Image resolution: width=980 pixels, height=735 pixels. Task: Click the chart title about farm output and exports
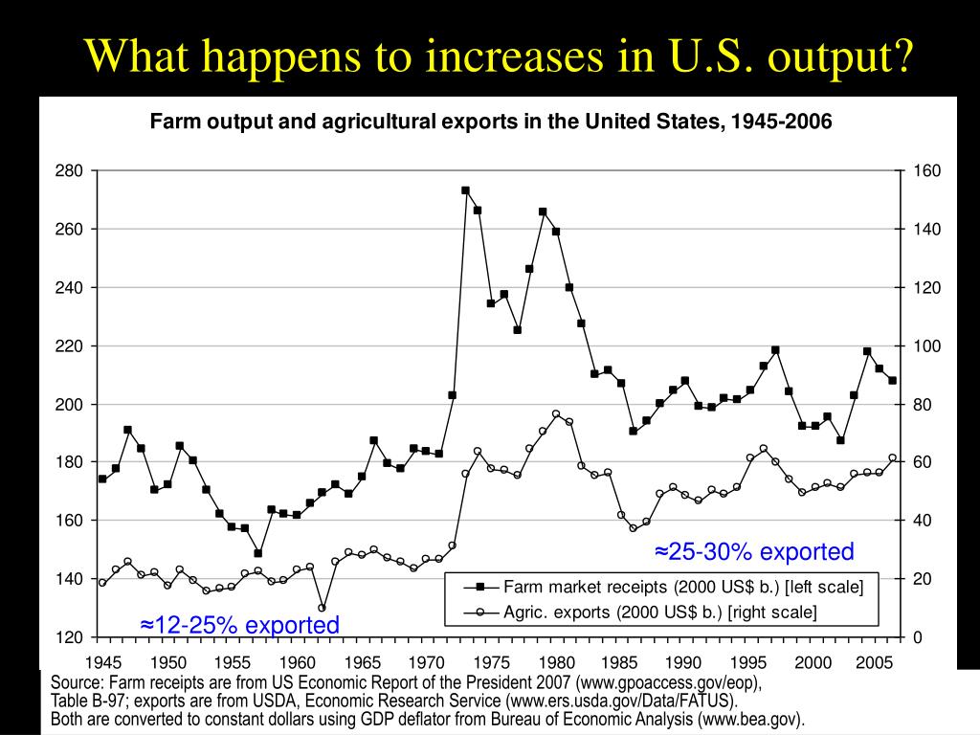(x=489, y=122)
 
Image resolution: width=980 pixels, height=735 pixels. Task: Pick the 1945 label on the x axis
(x=102, y=661)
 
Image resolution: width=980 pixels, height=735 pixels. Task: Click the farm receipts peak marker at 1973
(x=465, y=190)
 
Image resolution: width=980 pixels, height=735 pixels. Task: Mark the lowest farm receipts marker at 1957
(x=257, y=553)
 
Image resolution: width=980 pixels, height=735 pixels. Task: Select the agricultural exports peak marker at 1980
(x=556, y=414)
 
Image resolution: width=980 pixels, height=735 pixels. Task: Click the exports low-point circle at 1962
(x=323, y=608)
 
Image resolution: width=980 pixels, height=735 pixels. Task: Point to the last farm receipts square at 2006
(x=893, y=380)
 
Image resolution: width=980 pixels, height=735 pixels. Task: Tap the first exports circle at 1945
(x=102, y=583)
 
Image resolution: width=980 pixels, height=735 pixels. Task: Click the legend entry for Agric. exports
(x=659, y=612)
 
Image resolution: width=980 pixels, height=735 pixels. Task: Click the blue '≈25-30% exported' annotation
(x=754, y=552)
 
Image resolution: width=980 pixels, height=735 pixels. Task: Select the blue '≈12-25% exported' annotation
(x=239, y=625)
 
